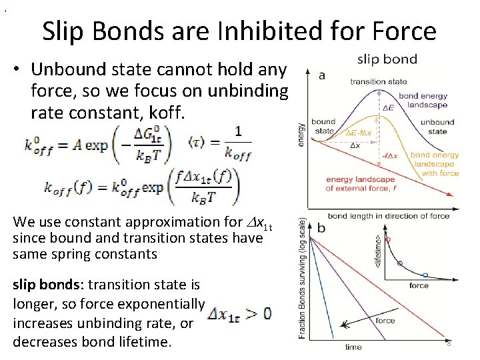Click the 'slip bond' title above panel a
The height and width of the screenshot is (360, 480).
click(x=387, y=59)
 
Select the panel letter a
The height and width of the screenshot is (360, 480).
click(x=322, y=75)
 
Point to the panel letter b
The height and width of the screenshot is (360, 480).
click(x=321, y=227)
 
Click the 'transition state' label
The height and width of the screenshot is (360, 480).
click(x=379, y=82)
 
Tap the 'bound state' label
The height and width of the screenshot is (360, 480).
click(x=323, y=126)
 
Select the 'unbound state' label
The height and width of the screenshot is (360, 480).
click(x=437, y=127)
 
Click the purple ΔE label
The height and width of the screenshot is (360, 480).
click(x=387, y=107)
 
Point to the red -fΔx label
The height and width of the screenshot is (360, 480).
click(x=390, y=156)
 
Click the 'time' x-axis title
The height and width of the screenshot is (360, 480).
click(x=353, y=347)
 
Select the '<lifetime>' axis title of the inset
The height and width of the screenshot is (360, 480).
click(x=379, y=251)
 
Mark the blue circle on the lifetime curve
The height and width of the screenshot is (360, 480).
click(x=425, y=275)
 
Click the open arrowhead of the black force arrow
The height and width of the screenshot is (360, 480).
click(x=344, y=326)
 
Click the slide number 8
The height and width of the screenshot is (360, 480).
click(x=449, y=343)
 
